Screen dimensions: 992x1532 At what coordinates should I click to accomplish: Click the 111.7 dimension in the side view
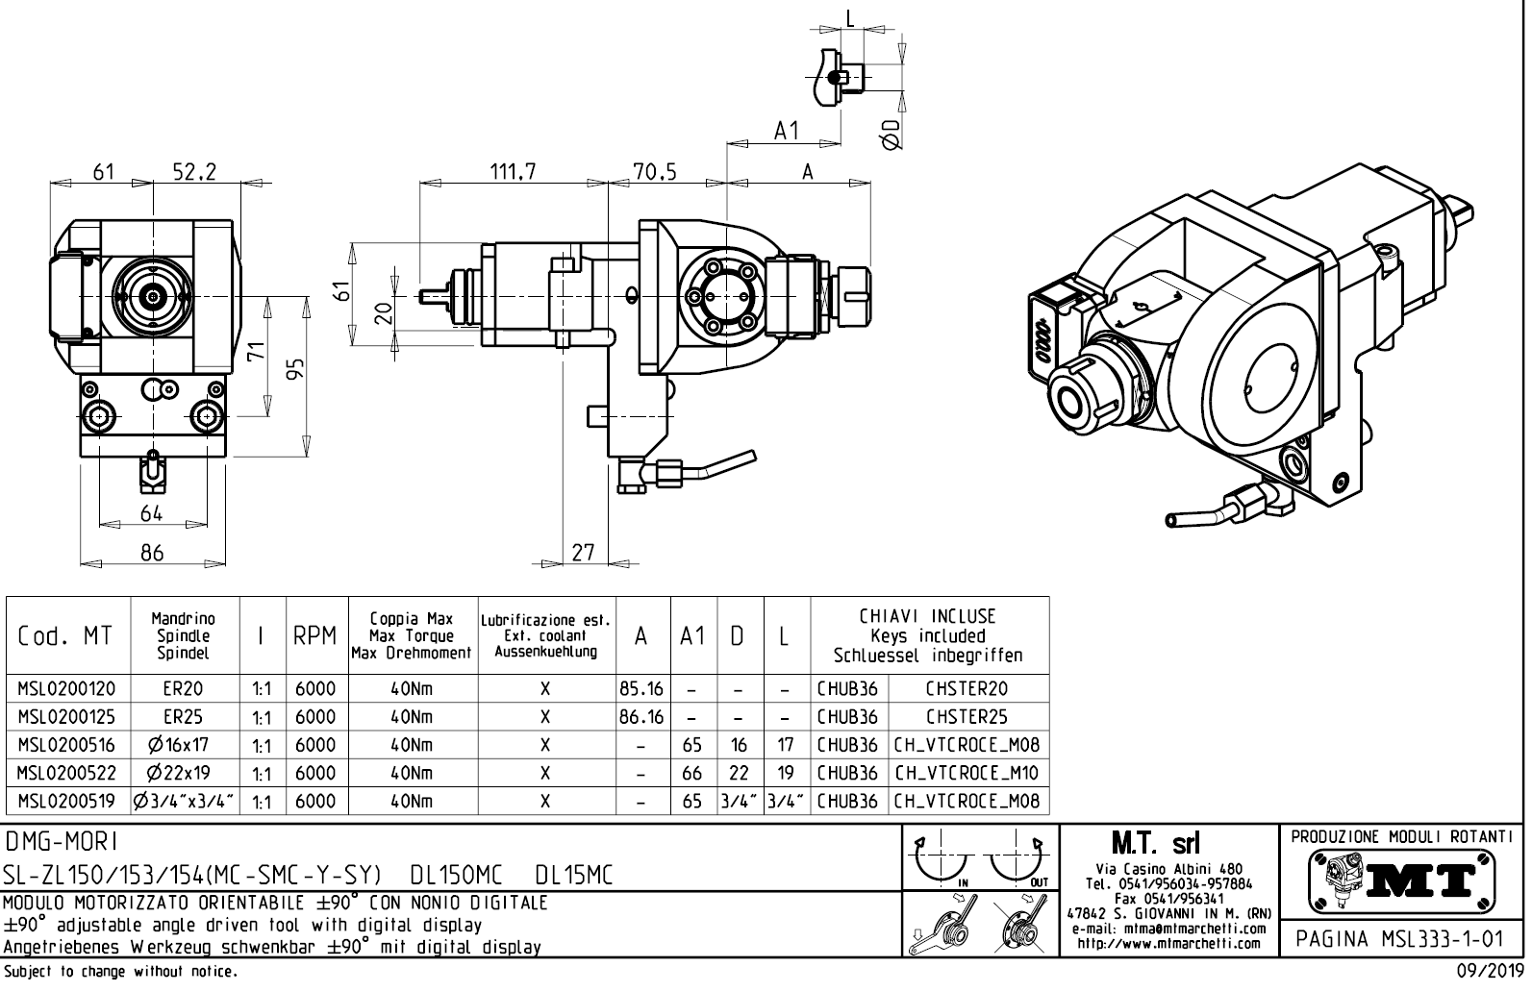point(514,172)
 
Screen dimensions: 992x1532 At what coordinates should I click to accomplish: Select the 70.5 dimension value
point(655,172)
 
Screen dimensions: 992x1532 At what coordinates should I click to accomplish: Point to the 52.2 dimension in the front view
point(194,172)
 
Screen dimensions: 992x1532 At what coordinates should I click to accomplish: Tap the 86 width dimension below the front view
point(152,552)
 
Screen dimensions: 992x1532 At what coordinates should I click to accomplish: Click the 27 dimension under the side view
point(584,552)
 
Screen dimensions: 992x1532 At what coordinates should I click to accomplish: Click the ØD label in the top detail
point(892,136)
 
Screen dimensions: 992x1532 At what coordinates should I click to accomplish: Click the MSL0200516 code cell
point(66,745)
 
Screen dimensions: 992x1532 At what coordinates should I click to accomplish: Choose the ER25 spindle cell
point(183,717)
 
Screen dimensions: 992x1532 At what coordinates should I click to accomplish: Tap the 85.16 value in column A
point(641,689)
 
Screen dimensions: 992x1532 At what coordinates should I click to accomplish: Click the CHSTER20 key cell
point(967,689)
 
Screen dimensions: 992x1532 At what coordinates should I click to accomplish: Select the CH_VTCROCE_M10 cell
point(967,773)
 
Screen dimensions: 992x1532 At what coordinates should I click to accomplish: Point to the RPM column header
point(314,636)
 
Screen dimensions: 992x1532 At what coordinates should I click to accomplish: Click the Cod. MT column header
point(64,636)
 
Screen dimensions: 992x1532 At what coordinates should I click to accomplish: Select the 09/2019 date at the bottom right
point(1486,972)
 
